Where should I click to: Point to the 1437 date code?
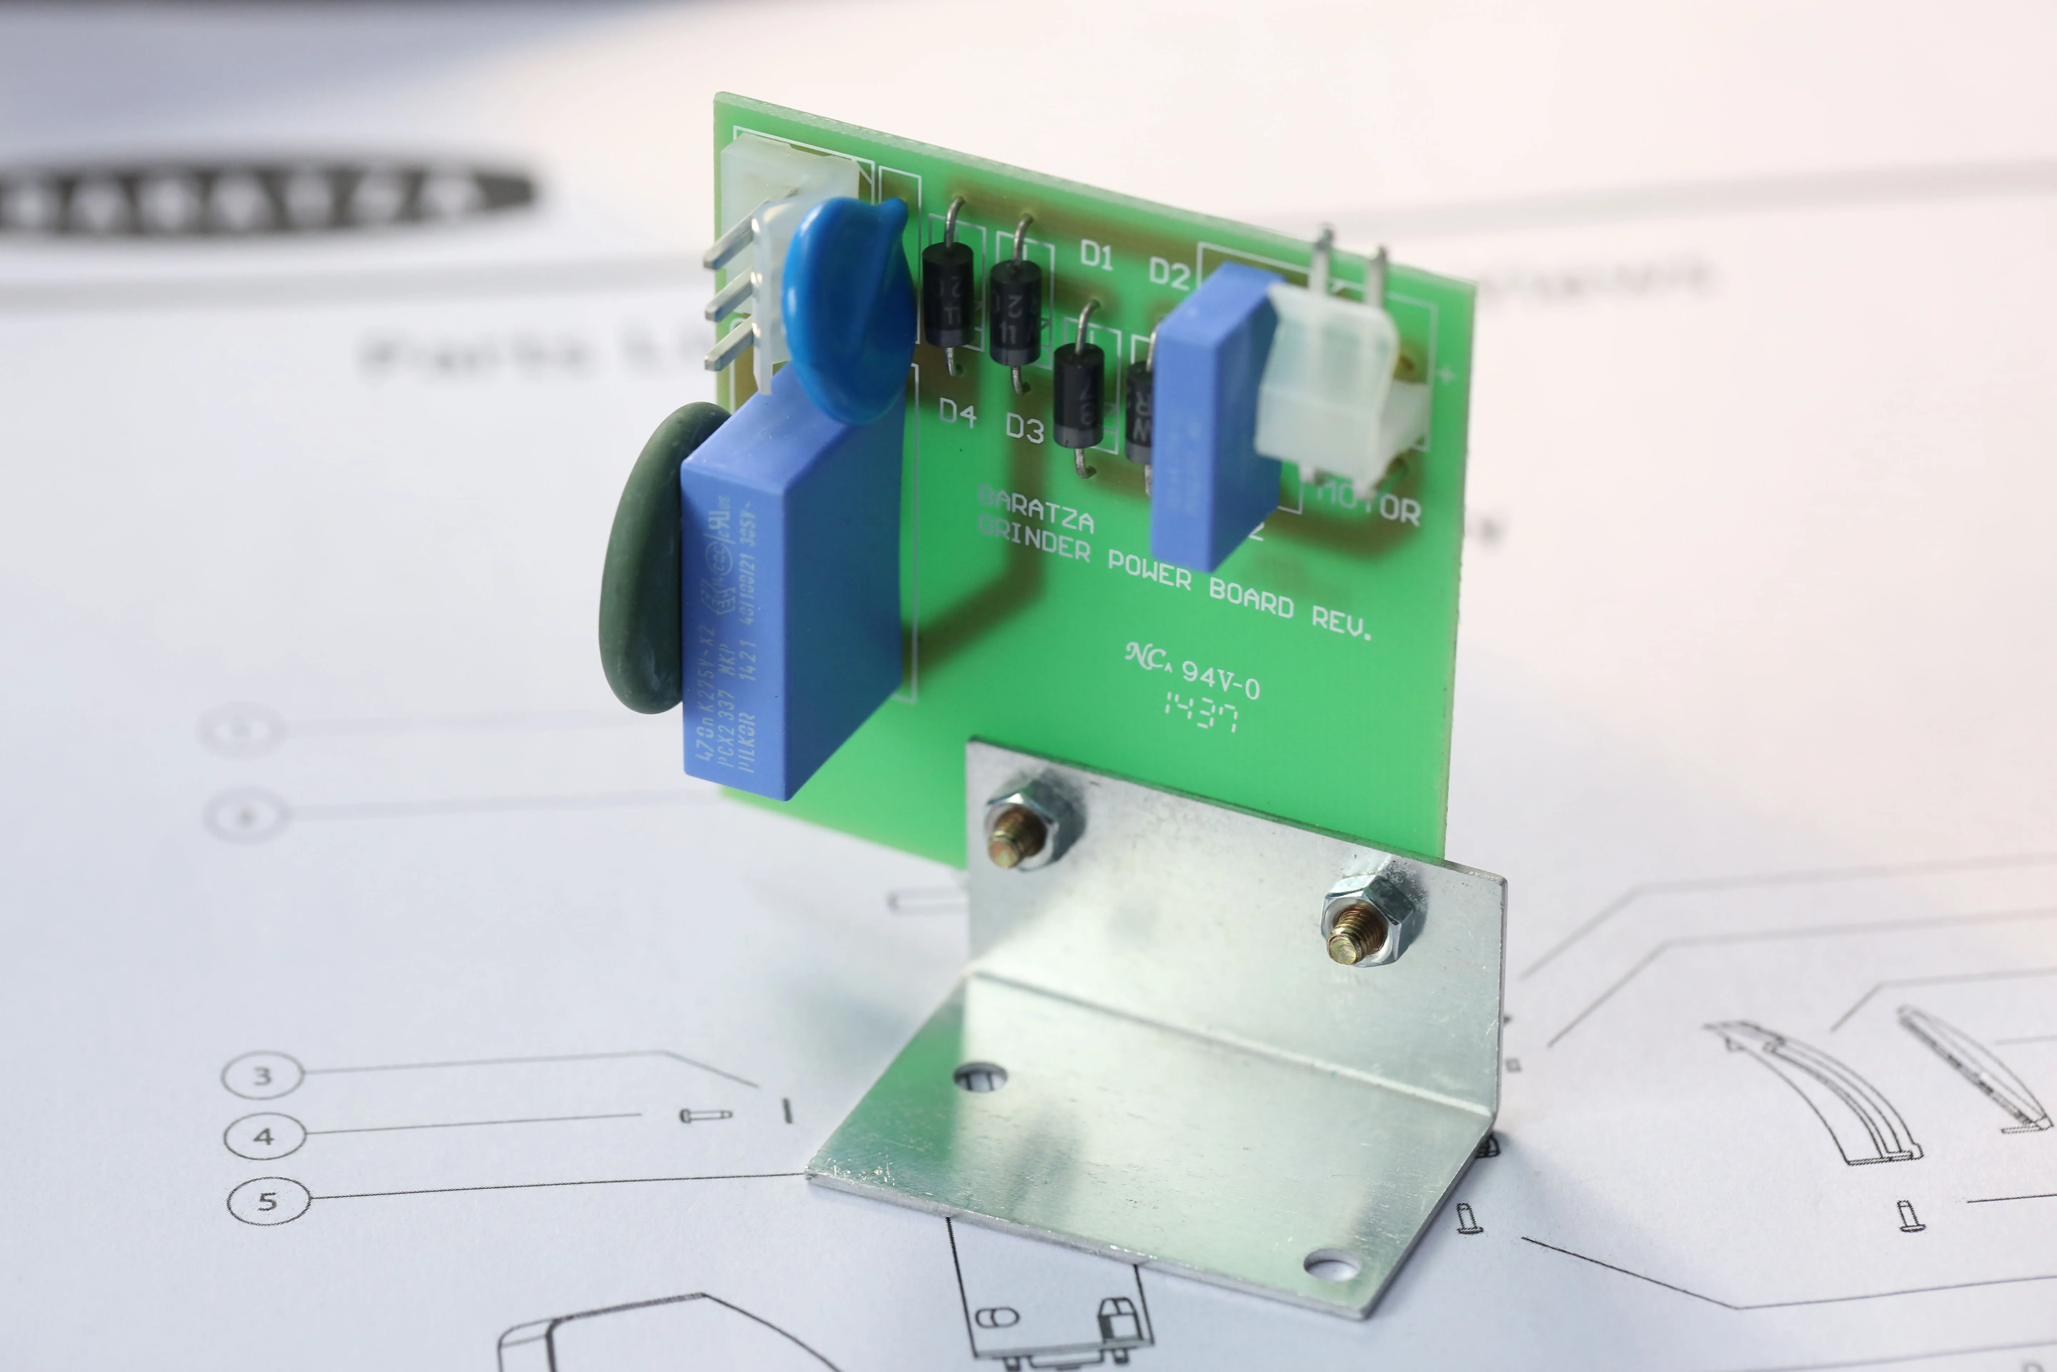(1201, 711)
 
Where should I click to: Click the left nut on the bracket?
(1023, 827)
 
